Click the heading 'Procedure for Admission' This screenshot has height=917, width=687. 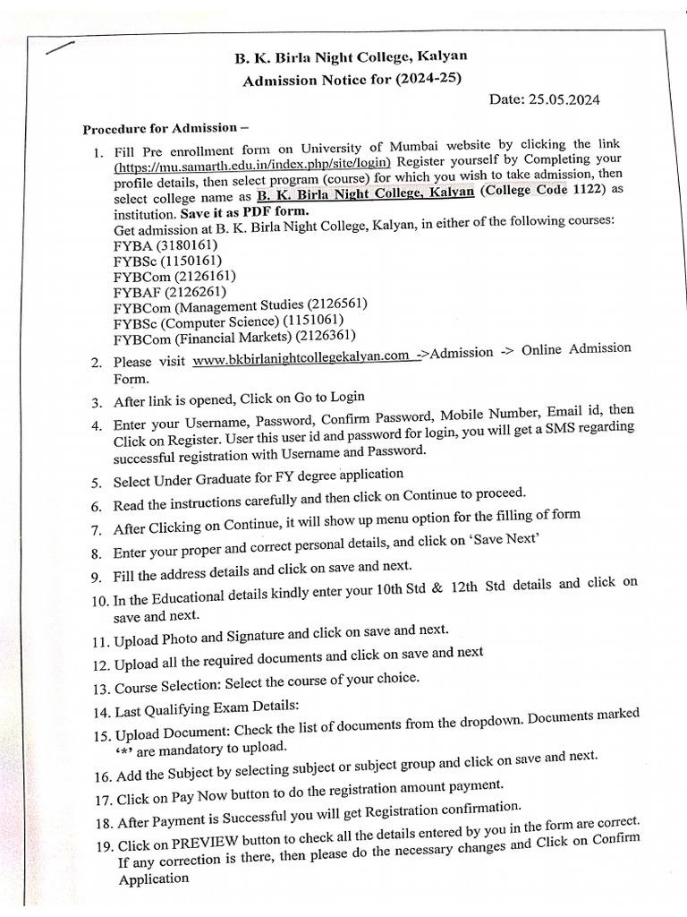[165, 128]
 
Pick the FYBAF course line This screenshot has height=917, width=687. [170, 291]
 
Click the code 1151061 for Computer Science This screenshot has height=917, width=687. [313, 320]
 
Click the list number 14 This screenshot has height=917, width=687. [99, 713]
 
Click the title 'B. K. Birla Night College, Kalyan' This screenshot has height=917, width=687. [351, 57]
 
